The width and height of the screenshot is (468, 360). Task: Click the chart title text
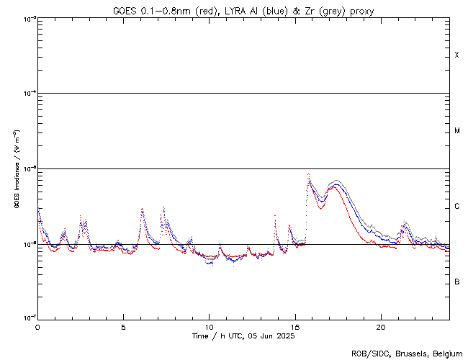pyautogui.click(x=243, y=10)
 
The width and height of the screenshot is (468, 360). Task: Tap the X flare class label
pyautogui.click(x=457, y=55)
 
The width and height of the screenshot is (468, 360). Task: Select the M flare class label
pyautogui.click(x=457, y=131)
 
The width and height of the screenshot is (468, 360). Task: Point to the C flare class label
pyautogui.click(x=457, y=207)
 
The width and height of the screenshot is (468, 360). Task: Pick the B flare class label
pyautogui.click(x=457, y=282)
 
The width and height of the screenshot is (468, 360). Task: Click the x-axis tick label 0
pyautogui.click(x=37, y=326)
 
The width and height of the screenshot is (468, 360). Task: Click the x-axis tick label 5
pyautogui.click(x=123, y=326)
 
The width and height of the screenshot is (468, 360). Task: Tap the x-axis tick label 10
pyautogui.click(x=209, y=326)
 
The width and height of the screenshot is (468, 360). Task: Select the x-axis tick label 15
pyautogui.click(x=294, y=326)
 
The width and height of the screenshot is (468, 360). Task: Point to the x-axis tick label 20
pyautogui.click(x=380, y=326)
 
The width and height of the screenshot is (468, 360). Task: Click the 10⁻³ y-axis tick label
pyautogui.click(x=27, y=19)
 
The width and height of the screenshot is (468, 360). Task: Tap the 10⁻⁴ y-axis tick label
pyautogui.click(x=27, y=94)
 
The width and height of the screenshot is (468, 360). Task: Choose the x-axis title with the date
pyautogui.click(x=243, y=336)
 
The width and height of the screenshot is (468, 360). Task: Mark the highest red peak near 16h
pyautogui.click(x=308, y=174)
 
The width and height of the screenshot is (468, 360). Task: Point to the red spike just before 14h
pyautogui.click(x=275, y=215)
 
